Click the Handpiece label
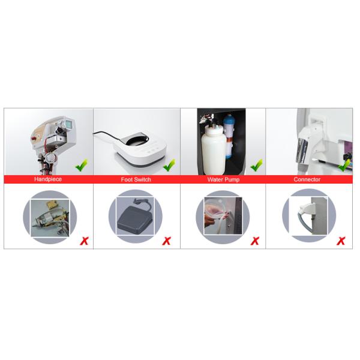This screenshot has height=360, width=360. click(48, 179)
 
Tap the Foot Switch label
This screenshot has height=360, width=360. click(136, 179)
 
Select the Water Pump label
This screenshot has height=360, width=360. click(223, 179)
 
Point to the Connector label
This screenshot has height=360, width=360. click(307, 179)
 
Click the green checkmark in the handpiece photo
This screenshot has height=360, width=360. click(82, 166)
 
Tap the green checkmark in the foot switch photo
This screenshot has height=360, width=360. click(169, 166)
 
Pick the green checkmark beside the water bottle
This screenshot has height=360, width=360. click(256, 166)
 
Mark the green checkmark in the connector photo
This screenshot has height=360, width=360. click(344, 166)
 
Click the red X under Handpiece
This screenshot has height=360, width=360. click(84, 241)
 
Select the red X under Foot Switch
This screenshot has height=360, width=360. click(167, 241)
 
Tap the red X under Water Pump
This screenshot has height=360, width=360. click(255, 241)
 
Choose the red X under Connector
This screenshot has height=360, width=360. click(341, 241)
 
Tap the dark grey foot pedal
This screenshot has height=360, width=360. click(134, 217)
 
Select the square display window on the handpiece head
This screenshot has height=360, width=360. click(69, 124)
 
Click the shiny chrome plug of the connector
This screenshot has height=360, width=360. click(302, 151)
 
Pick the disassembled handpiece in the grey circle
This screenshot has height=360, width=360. click(50, 218)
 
